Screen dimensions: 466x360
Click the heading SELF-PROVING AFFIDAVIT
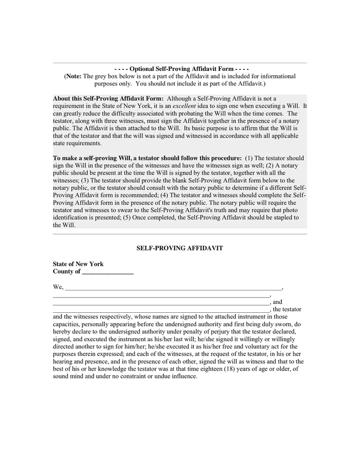point(179,248)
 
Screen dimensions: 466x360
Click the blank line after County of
point(108,272)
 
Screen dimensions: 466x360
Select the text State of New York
point(78,264)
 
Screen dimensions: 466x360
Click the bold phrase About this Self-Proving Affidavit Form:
point(108,98)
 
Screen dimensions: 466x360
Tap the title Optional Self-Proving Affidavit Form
point(182,68)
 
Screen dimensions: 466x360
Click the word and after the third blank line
point(277,302)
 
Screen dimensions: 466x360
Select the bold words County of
point(67,271)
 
